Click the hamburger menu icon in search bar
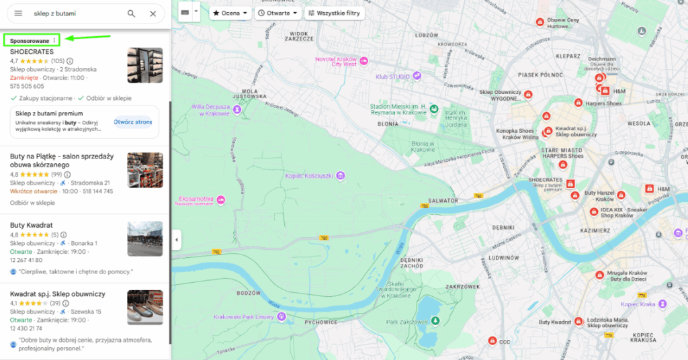tap(18, 13)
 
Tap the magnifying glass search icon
tap(131, 13)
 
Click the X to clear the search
tap(153, 13)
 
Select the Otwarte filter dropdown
tap(277, 13)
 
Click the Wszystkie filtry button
tap(334, 13)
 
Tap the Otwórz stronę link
tap(133, 122)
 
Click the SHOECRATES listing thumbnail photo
tap(145, 65)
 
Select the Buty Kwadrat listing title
tap(32, 225)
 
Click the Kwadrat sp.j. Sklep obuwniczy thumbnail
tap(145, 308)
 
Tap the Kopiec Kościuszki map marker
tap(341, 176)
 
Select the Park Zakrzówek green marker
tap(434, 322)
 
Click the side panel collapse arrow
tap(176, 240)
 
